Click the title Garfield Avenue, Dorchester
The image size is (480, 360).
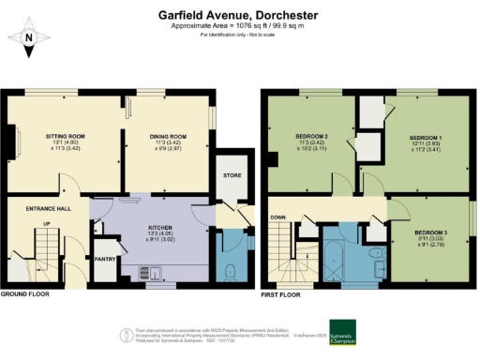[x=240, y=16]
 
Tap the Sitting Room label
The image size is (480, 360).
[x=65, y=137]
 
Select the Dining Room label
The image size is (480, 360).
[x=170, y=137]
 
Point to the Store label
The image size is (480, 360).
[x=232, y=175]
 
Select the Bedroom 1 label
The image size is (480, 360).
[x=427, y=137]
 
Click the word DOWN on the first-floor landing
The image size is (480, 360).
[x=277, y=217]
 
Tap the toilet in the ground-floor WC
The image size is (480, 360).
[x=231, y=272]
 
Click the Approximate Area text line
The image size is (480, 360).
[x=240, y=27]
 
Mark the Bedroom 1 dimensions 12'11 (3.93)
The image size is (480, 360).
[x=427, y=144]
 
